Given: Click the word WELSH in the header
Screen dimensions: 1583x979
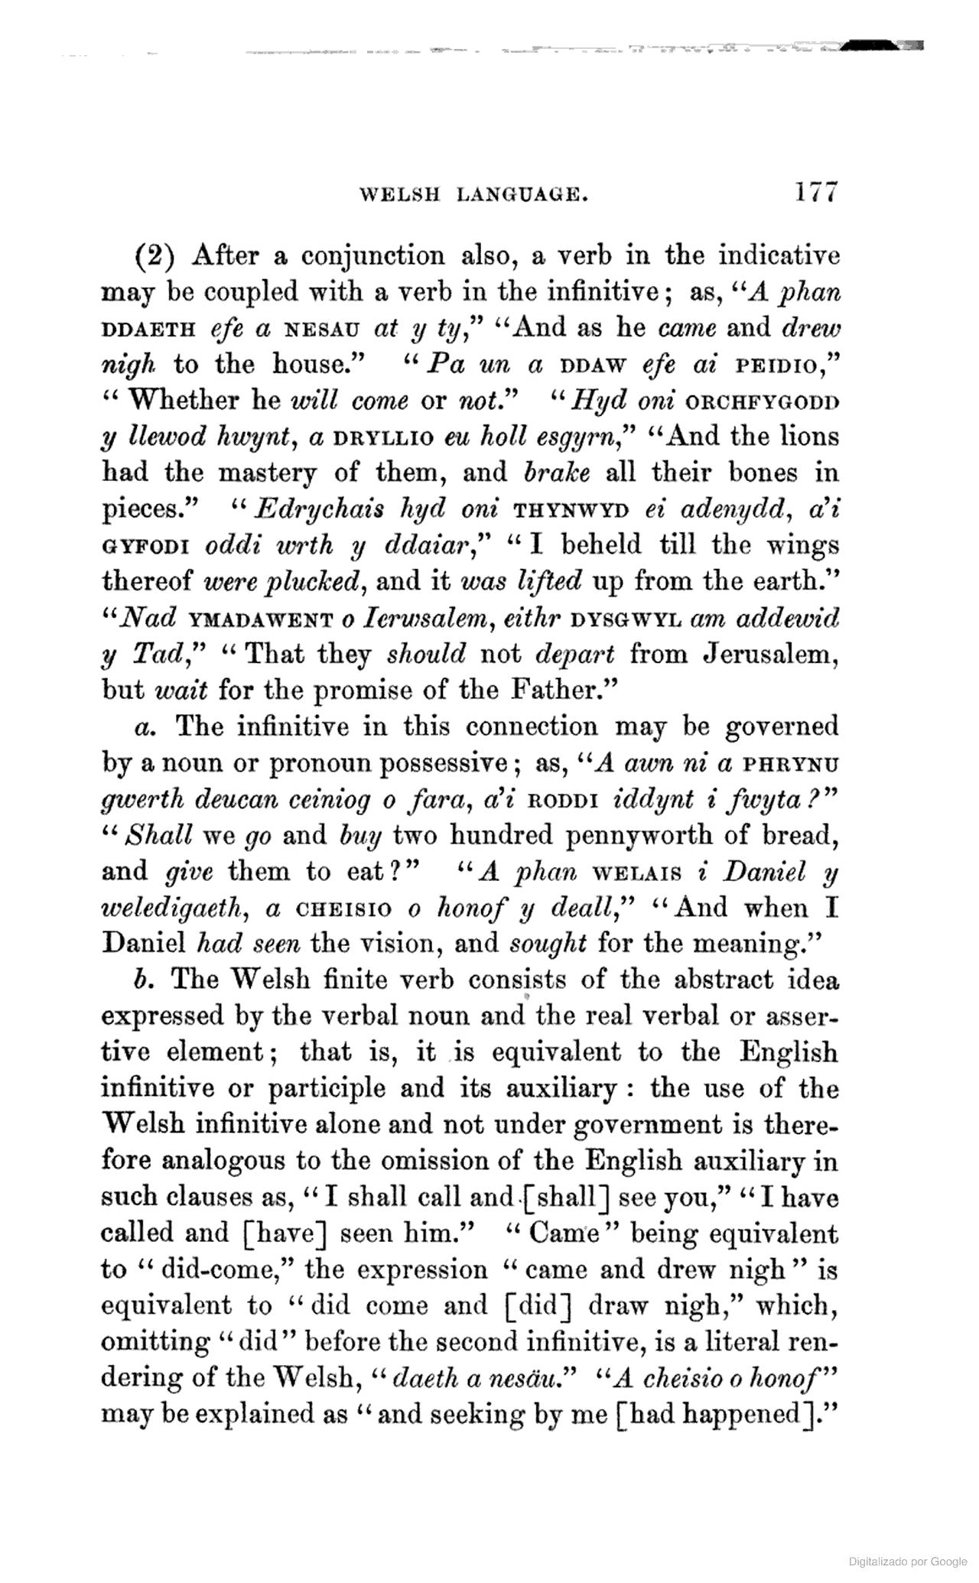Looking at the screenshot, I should tap(399, 195).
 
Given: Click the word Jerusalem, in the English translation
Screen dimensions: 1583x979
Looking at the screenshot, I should tap(770, 655).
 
